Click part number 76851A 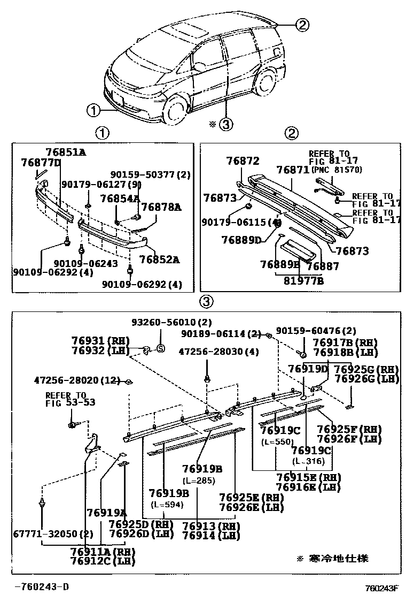[x=66, y=152]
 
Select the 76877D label [x=41, y=162]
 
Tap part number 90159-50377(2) [x=152, y=174]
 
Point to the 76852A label [x=159, y=260]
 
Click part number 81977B [x=303, y=279]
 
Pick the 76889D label [x=241, y=240]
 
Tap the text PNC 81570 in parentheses [x=335, y=170]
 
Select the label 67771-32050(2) [x=46, y=533]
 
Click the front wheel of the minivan [x=174, y=109]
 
